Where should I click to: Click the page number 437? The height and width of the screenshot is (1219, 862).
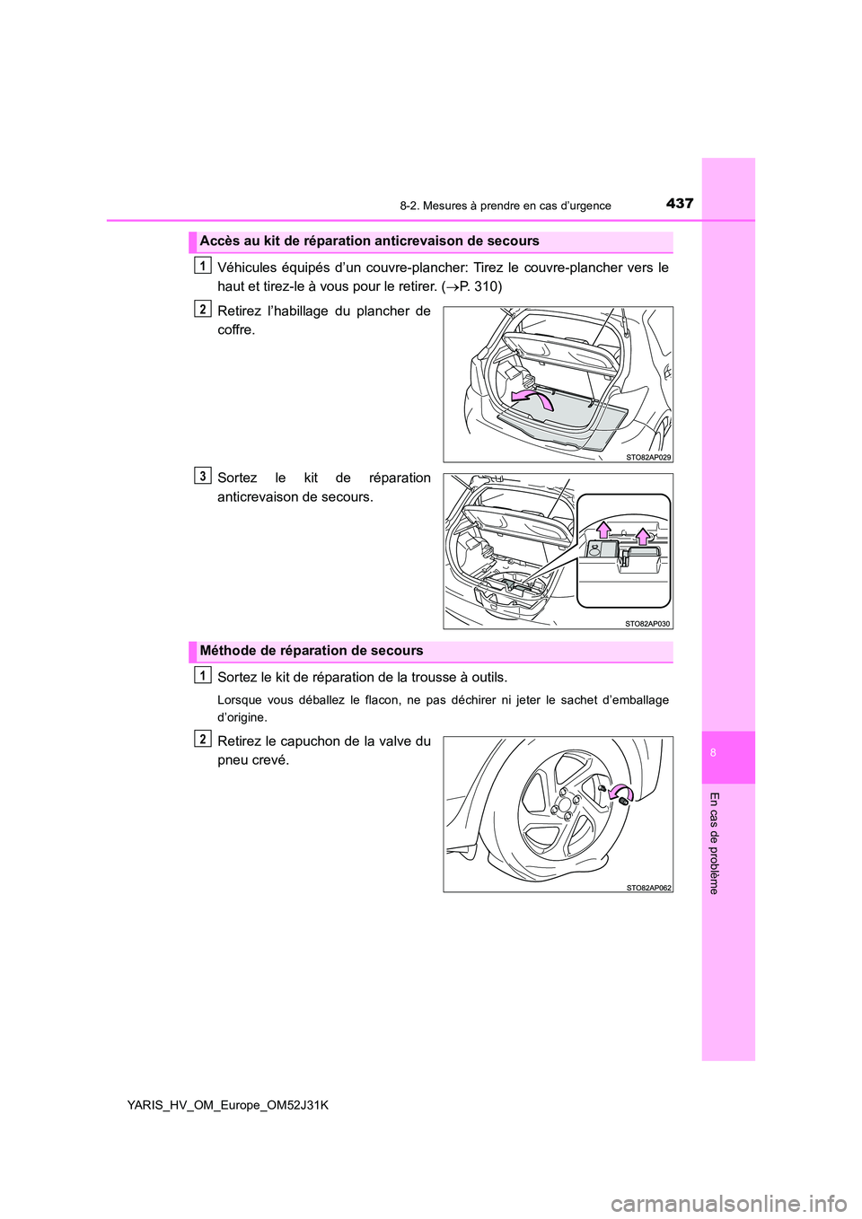[x=680, y=203]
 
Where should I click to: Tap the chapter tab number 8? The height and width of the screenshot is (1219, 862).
[x=713, y=753]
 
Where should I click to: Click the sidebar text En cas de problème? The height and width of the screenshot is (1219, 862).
[x=714, y=843]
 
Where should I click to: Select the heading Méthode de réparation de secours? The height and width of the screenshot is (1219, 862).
[x=311, y=651]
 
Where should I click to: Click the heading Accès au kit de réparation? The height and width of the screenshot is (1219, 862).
[x=369, y=241]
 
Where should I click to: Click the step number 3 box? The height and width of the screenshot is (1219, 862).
[x=203, y=476]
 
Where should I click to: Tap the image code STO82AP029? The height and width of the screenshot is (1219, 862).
[x=647, y=457]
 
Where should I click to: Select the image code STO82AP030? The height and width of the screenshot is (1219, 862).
[x=647, y=623]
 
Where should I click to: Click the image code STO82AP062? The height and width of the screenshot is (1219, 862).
[x=648, y=887]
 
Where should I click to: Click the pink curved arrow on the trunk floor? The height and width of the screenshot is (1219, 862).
[x=532, y=398]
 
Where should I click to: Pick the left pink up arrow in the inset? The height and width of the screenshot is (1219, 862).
[x=604, y=529]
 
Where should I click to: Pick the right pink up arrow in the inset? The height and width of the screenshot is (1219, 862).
[x=643, y=537]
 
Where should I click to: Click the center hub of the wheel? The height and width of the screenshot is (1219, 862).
[x=563, y=805]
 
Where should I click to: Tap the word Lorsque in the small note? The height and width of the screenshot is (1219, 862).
[x=239, y=700]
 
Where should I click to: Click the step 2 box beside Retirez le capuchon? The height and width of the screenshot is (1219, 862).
[x=203, y=739]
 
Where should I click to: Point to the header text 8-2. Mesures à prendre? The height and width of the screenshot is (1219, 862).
[x=505, y=206]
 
